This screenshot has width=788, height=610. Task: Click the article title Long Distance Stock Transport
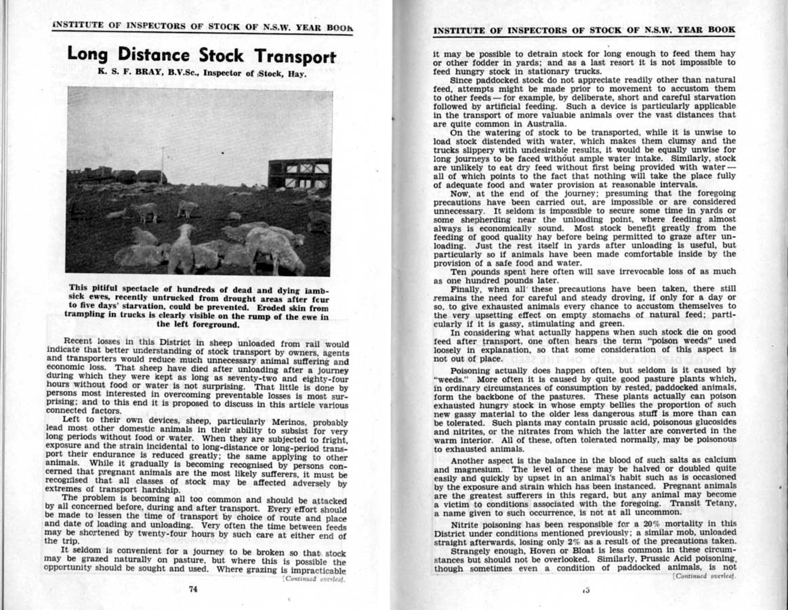201,55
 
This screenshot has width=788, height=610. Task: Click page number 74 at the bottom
192,588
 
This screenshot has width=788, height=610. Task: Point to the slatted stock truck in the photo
299,174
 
